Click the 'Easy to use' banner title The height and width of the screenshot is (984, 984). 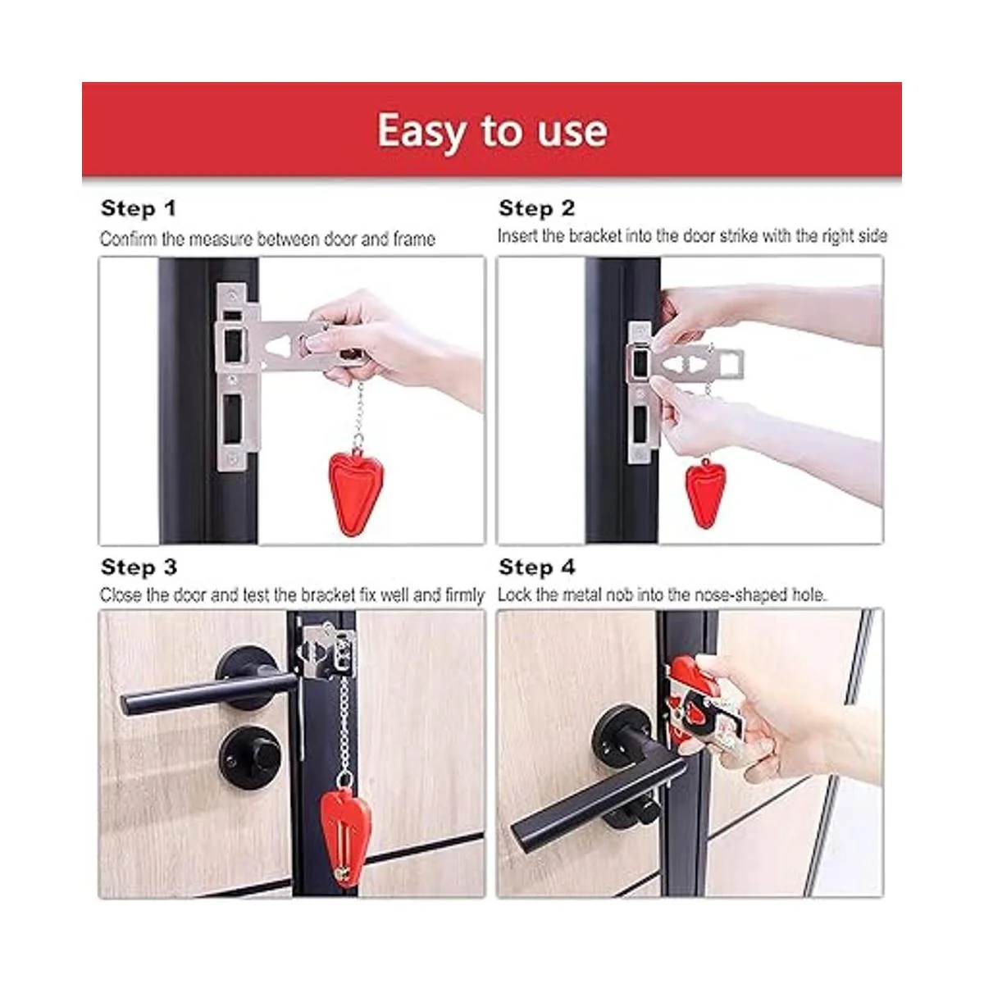click(x=492, y=131)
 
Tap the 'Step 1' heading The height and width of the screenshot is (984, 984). click(x=139, y=208)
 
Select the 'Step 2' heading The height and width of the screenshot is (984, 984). click(x=536, y=208)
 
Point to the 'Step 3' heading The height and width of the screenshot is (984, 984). click(x=139, y=567)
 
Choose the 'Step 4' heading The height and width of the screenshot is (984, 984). click(x=536, y=567)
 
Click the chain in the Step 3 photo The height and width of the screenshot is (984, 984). click(x=345, y=729)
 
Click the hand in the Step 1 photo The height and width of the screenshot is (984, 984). click(x=394, y=347)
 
